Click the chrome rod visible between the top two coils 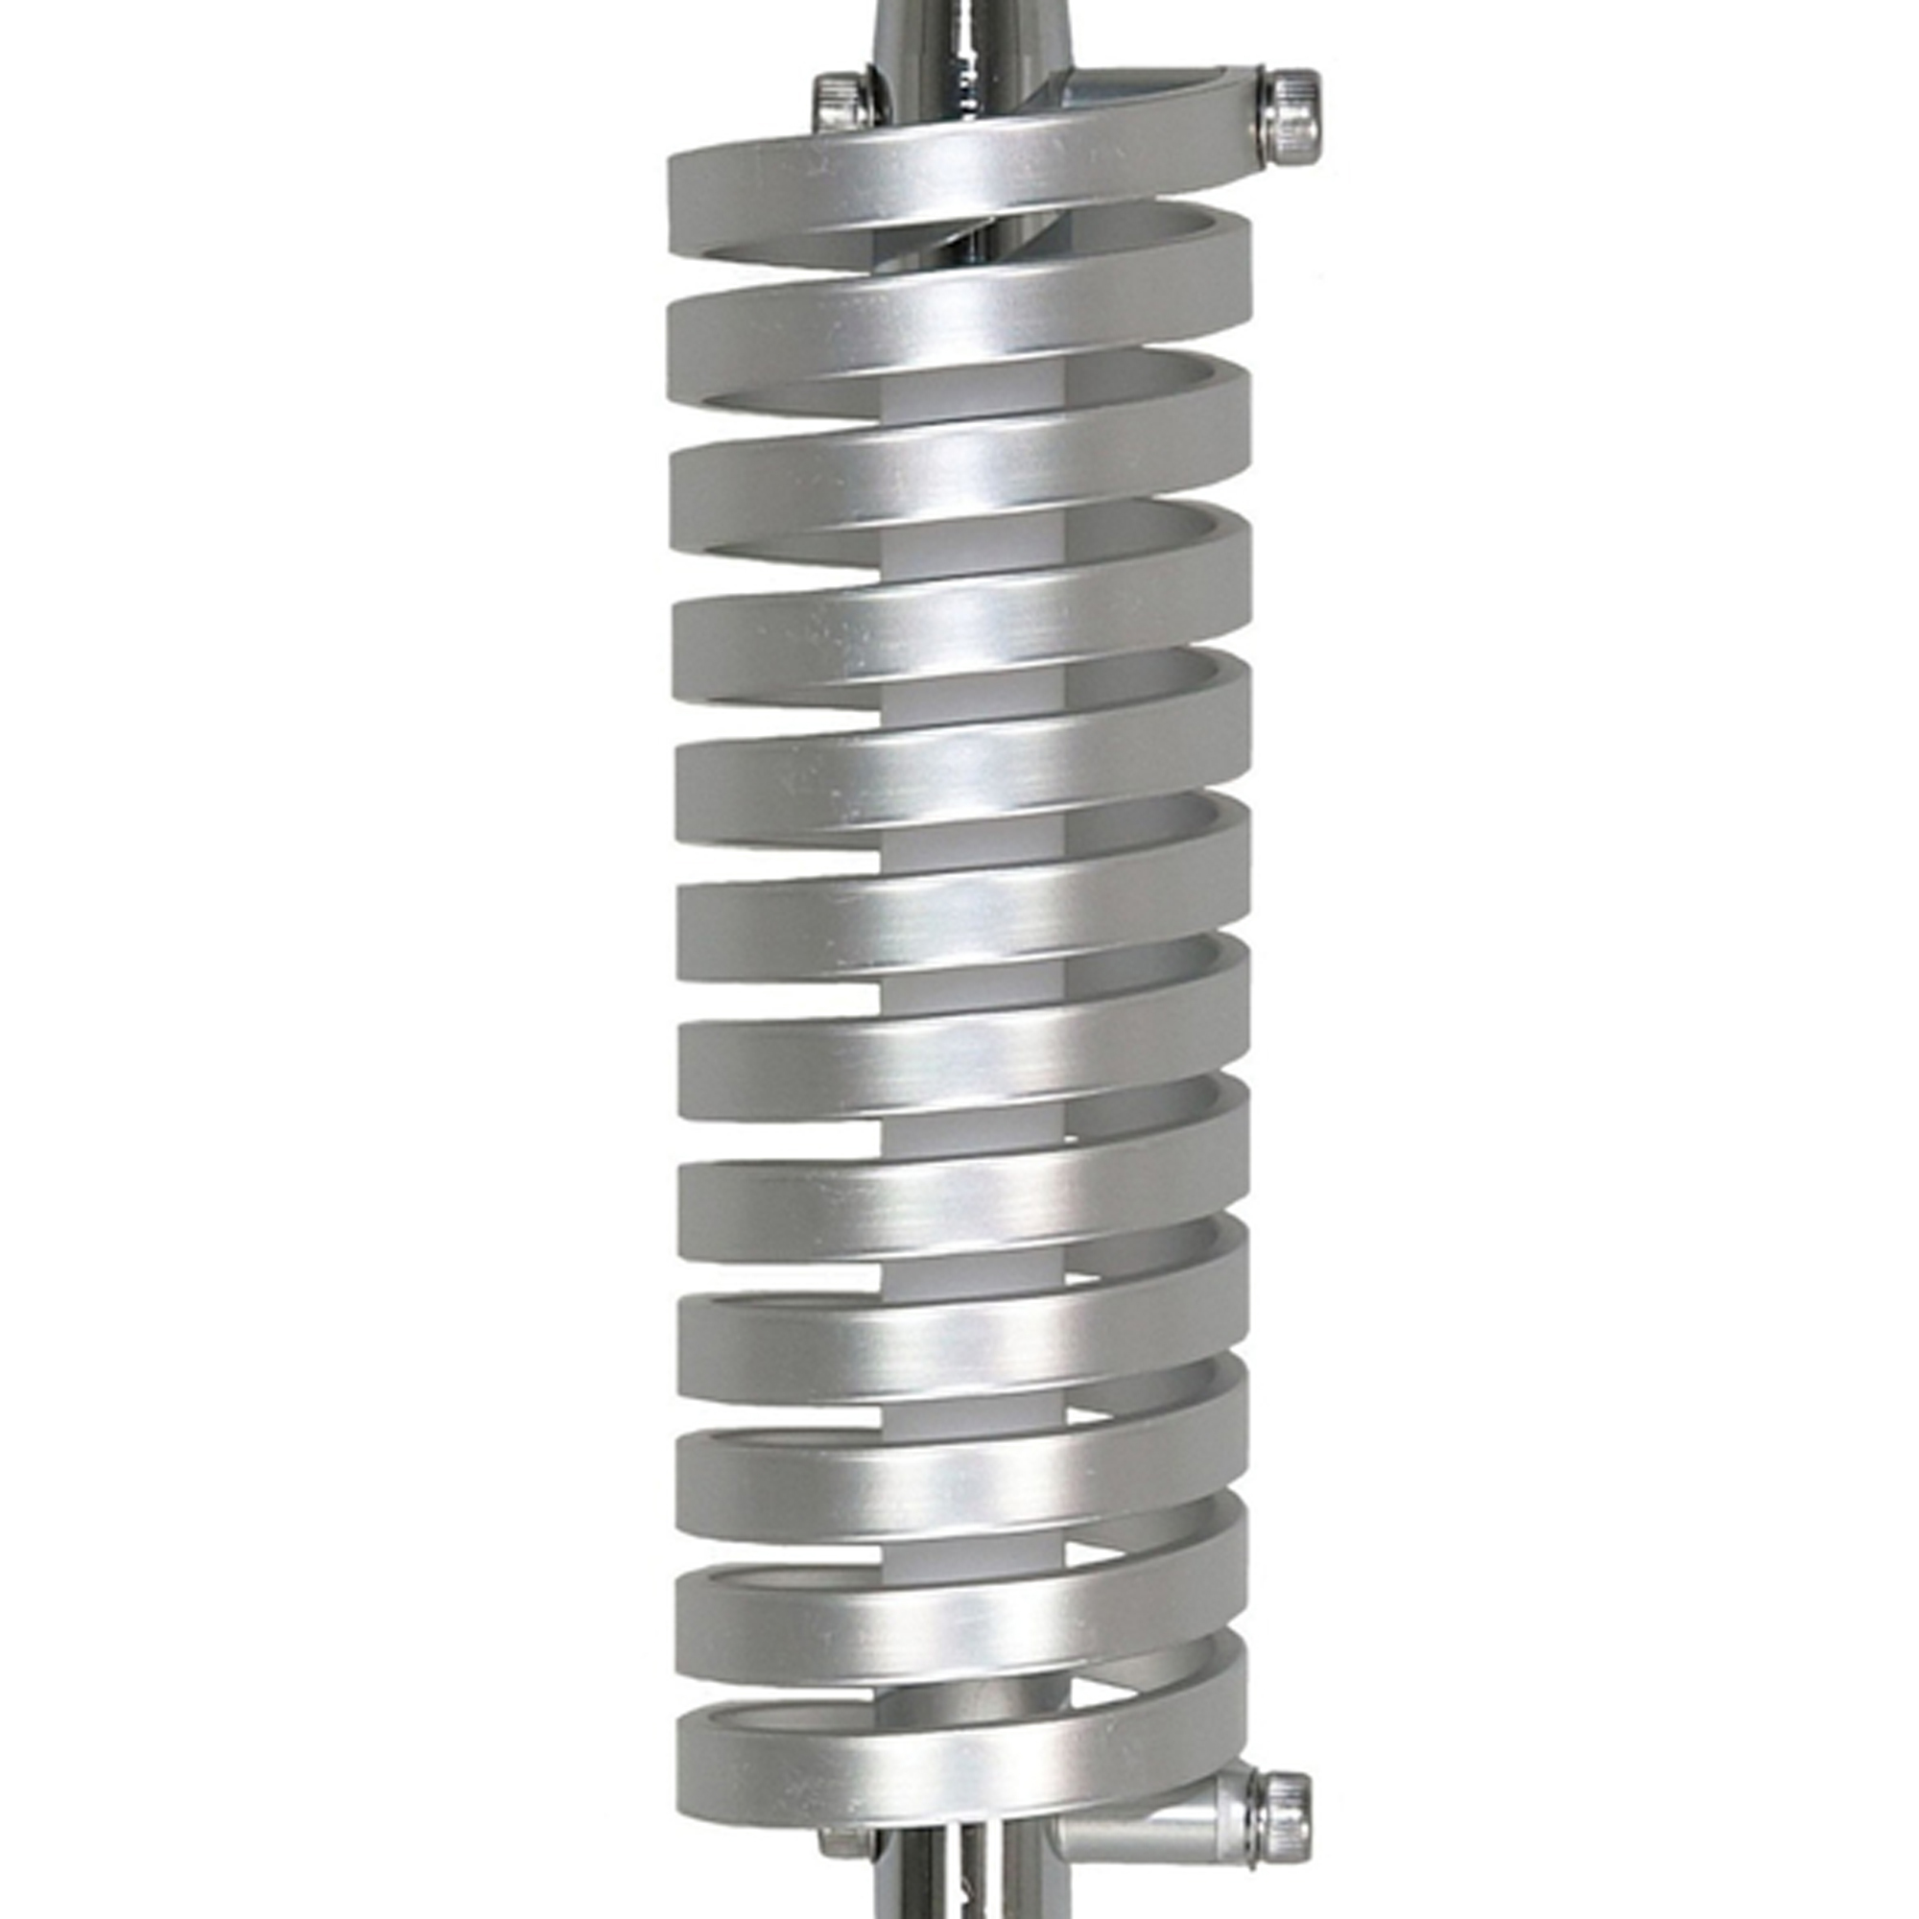coord(954,244)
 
